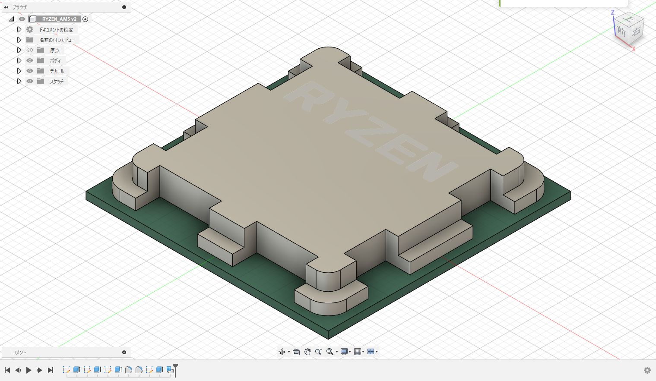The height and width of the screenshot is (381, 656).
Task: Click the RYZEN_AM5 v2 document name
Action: pyautogui.click(x=59, y=19)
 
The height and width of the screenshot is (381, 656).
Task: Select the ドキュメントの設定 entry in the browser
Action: pyautogui.click(x=56, y=29)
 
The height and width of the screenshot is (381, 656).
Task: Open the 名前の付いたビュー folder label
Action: pyautogui.click(x=57, y=40)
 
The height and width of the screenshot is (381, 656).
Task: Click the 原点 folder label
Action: pyautogui.click(x=55, y=50)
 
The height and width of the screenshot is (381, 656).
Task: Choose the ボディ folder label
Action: pyautogui.click(x=55, y=60)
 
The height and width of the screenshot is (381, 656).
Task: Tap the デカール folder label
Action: pyautogui.click(x=57, y=71)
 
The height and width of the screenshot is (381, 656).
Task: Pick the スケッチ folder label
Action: pyautogui.click(x=57, y=82)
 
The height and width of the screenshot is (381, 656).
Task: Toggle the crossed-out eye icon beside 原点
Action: pyautogui.click(x=29, y=50)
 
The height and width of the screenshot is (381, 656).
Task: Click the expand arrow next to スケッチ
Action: pyautogui.click(x=19, y=82)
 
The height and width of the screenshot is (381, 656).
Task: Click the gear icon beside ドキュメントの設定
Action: pyautogui.click(x=29, y=29)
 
